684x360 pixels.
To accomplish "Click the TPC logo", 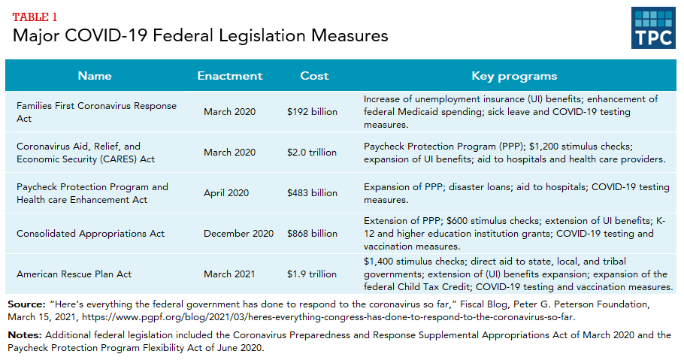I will (653, 28).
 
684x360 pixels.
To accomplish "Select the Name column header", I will (95, 76).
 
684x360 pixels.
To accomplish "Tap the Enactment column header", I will (229, 76).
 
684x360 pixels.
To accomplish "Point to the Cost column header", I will (314, 76).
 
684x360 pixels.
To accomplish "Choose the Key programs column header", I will (514, 76).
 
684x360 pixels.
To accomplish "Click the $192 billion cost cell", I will (312, 112).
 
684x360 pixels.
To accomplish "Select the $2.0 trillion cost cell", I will (312, 153).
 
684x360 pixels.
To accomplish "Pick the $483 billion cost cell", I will (312, 193).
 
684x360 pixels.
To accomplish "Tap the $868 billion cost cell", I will (312, 234).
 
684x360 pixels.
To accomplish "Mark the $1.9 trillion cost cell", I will (312, 274).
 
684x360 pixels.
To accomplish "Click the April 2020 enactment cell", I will (226, 193).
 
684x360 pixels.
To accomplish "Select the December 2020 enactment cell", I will (238, 234).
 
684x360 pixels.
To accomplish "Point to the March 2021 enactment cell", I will (229, 274).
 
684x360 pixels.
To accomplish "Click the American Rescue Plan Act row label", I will (74, 274).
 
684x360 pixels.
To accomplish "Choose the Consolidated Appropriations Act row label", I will (90, 234).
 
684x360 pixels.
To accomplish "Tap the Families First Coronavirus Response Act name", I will (96, 112).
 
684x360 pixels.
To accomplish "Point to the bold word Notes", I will (24, 334).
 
